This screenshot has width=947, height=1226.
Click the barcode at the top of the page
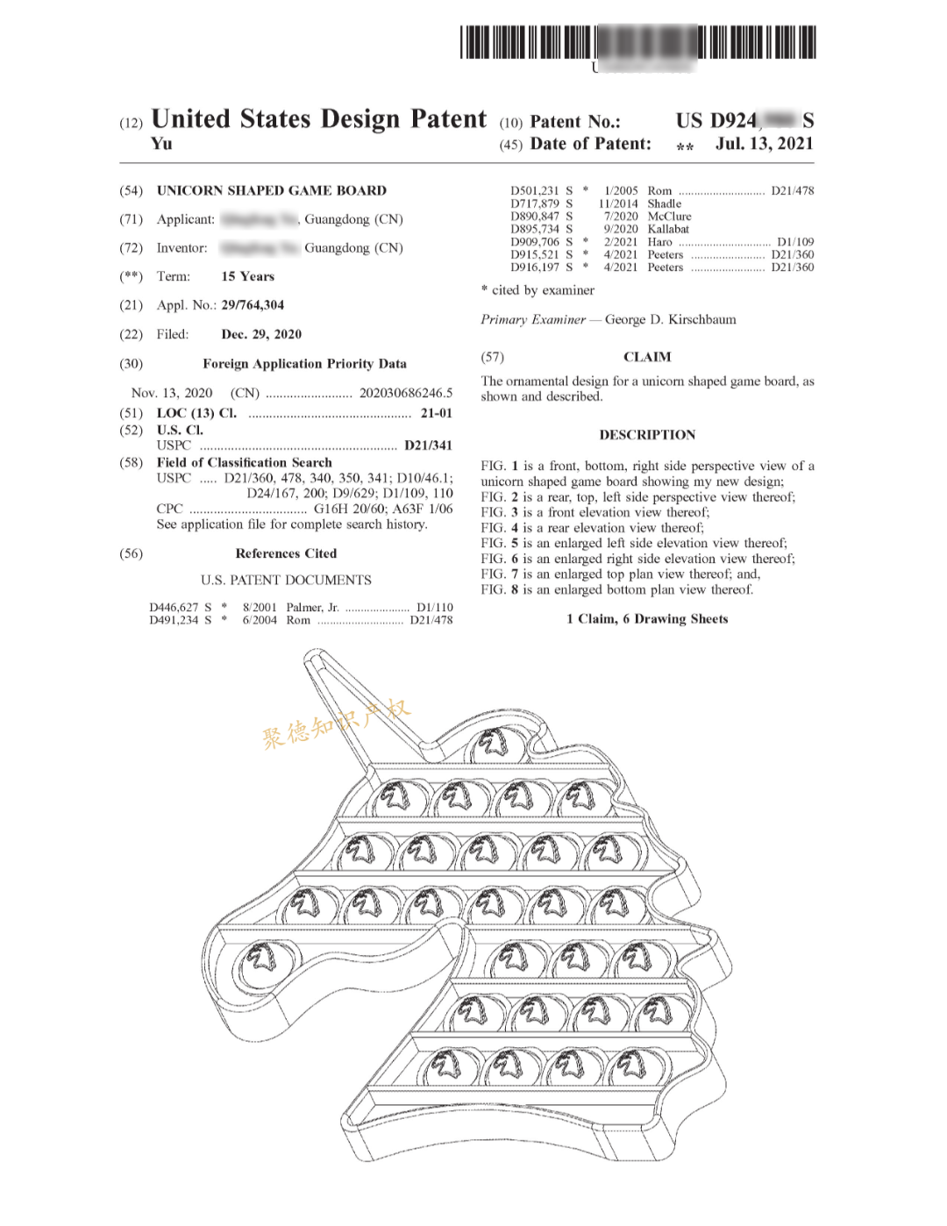637,42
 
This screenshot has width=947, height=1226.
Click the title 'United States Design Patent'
318,119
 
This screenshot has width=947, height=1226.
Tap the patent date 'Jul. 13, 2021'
764,144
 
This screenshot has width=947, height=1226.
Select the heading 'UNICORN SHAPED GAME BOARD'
271,190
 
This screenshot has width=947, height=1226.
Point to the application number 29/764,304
253,305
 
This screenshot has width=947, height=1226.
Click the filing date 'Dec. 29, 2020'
261,334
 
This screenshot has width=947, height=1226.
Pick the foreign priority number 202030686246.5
406,393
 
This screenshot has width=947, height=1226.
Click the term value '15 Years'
247,276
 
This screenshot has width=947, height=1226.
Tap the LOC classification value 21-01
436,413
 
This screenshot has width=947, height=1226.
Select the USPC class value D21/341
428,445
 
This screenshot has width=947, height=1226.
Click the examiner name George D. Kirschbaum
670,319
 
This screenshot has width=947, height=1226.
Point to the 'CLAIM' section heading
647,357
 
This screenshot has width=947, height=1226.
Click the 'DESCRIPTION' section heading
647,435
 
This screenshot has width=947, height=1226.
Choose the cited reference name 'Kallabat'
668,229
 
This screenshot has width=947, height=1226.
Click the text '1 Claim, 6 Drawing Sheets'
647,619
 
